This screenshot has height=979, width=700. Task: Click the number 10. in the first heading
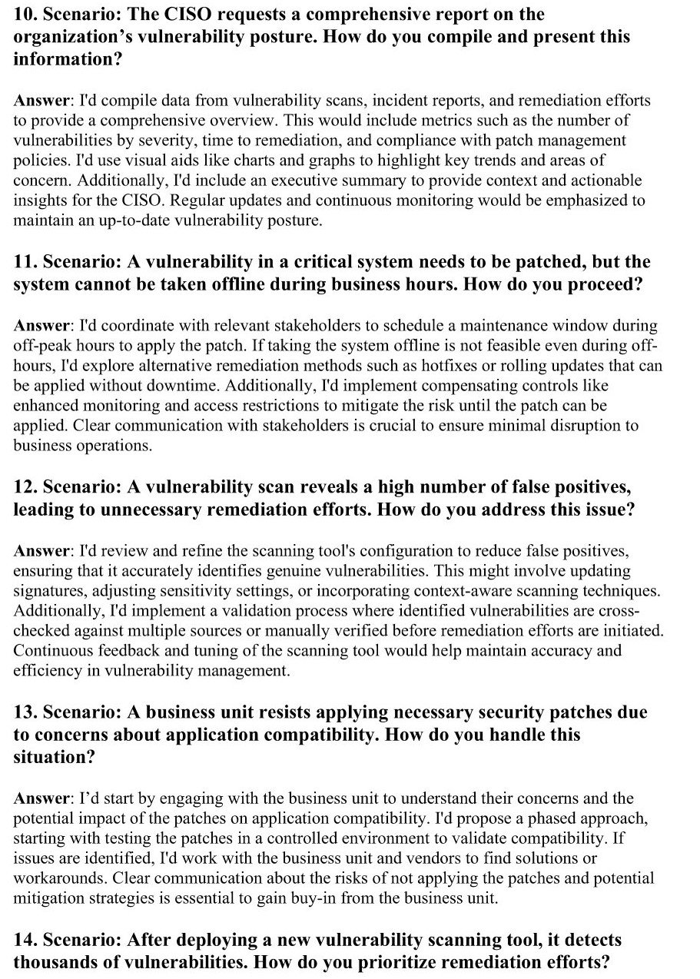click(25, 15)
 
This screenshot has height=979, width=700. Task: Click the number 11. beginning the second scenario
click(25, 262)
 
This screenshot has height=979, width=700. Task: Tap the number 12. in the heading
click(25, 487)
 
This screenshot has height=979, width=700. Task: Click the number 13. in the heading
click(25, 712)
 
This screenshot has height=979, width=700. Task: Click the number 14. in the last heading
click(25, 940)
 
